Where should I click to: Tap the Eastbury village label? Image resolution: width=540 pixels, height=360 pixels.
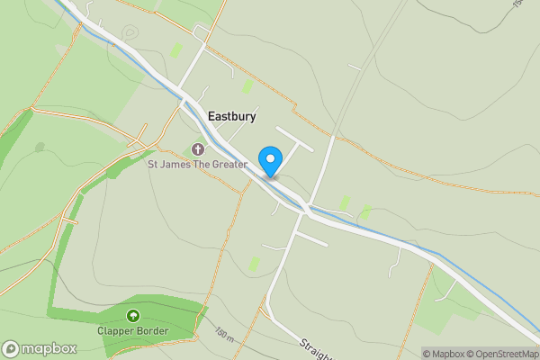tap(232, 116)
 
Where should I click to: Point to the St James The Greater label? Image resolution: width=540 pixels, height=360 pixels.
tap(197, 165)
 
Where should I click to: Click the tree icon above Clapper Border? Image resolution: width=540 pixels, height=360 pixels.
tap(133, 315)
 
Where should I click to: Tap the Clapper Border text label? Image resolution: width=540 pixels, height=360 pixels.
tap(133, 330)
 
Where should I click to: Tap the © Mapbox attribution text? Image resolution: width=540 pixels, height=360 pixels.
tap(446, 354)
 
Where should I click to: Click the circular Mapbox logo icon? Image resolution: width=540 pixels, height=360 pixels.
tap(11, 348)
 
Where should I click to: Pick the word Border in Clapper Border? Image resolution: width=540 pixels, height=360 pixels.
tap(152, 330)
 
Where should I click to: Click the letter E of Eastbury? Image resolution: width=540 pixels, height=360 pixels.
tap(211, 116)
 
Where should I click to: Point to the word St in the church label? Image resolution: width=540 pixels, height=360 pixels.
tap(153, 165)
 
